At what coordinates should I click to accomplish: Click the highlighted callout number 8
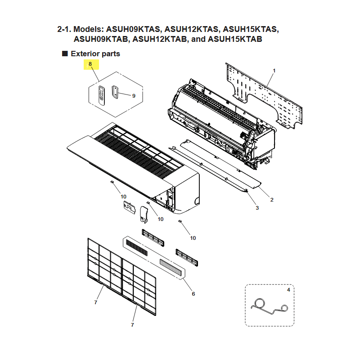tap(90, 64)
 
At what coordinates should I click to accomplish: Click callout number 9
tap(134, 95)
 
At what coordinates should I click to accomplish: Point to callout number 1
tap(274, 71)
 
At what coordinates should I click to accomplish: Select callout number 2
tap(272, 199)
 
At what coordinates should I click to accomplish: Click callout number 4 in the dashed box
tap(288, 290)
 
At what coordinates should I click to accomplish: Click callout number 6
tap(193, 293)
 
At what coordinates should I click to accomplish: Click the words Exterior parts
tap(95, 54)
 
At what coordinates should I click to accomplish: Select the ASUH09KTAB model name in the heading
tap(102, 39)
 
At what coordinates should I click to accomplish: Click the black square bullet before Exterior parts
tap(65, 54)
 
